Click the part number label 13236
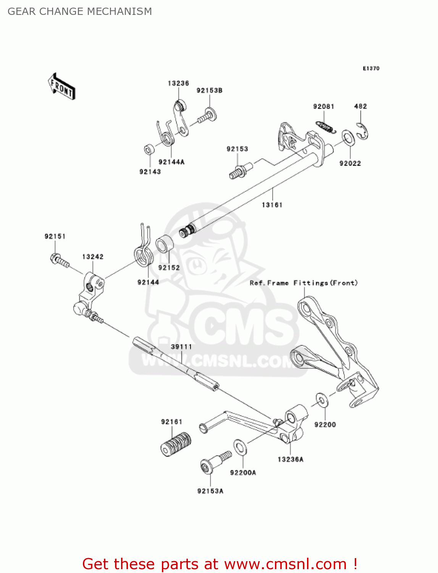click(178, 83)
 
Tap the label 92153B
click(209, 91)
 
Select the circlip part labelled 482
click(363, 131)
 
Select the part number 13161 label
click(272, 205)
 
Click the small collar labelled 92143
click(149, 149)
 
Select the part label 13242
click(93, 257)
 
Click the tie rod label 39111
click(181, 347)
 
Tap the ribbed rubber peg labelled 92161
click(176, 444)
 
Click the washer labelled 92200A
click(240, 447)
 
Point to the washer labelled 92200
click(322, 400)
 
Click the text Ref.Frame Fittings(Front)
click(304, 283)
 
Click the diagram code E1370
click(371, 68)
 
